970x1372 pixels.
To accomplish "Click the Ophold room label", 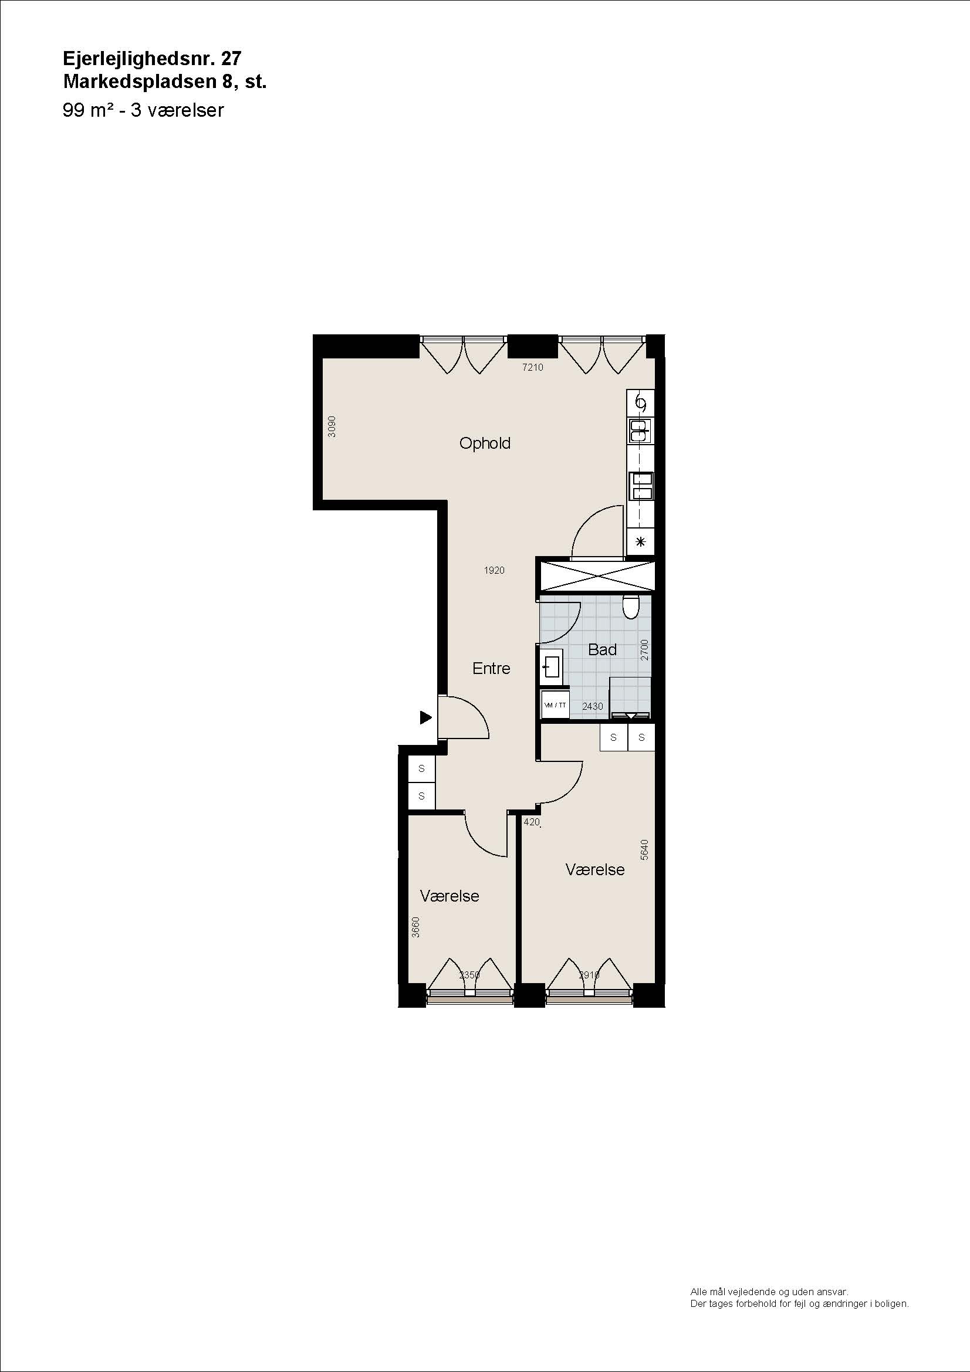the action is (485, 443).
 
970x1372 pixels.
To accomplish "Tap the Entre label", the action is (491, 668).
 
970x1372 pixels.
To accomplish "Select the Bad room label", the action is (603, 649).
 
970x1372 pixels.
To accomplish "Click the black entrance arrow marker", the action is (425, 717).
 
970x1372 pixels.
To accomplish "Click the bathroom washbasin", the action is (551, 667).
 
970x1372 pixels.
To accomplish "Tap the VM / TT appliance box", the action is (555, 705).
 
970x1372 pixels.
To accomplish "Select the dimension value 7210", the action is (532, 368).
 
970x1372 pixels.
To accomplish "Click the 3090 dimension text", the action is (332, 426).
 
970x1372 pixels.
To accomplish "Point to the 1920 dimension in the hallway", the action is (494, 571).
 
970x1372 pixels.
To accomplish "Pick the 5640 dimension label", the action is (644, 850).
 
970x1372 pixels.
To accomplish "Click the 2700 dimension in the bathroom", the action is (644, 650).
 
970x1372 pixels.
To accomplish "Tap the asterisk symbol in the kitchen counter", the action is (641, 542).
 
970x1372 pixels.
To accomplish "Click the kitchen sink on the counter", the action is (640, 430).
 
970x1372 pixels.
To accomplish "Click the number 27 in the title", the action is (231, 58).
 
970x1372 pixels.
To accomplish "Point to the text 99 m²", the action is (89, 110).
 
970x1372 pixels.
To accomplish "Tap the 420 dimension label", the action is (531, 822).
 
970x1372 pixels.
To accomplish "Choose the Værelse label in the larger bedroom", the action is (594, 869).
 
